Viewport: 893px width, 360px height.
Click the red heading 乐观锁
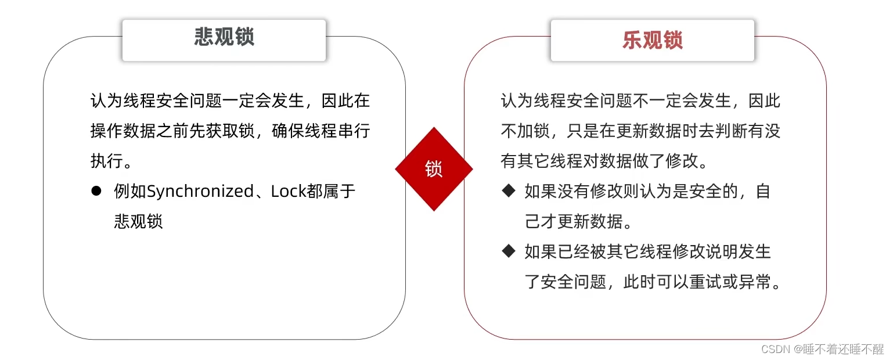click(652, 40)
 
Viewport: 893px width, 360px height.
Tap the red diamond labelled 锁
click(434, 169)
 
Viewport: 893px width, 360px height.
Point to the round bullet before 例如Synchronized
click(96, 191)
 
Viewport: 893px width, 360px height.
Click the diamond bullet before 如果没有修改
click(509, 191)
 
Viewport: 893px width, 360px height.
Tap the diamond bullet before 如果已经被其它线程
click(509, 251)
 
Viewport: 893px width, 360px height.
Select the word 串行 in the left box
click(356, 131)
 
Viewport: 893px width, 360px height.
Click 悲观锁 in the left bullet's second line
click(138, 222)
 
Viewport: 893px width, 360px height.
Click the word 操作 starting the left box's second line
click(106, 131)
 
